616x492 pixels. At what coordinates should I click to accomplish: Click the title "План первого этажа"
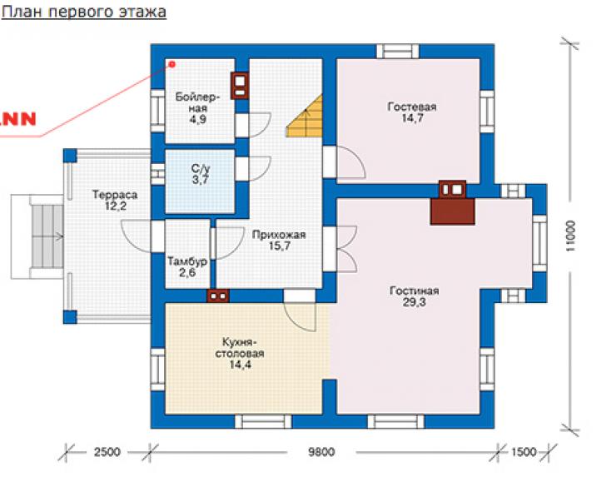pyautogui.click(x=84, y=11)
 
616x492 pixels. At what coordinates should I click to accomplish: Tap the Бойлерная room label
pyautogui.click(x=197, y=102)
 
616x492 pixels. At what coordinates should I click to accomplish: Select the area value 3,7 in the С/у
pyautogui.click(x=200, y=180)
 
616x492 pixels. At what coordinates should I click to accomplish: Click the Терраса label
pyautogui.click(x=115, y=195)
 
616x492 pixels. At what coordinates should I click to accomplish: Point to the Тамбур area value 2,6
pyautogui.click(x=187, y=272)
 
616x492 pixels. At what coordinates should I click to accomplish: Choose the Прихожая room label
pyautogui.click(x=279, y=235)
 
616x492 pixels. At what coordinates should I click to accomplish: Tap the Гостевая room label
pyautogui.click(x=412, y=107)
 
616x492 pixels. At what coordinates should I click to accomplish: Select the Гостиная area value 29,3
pyautogui.click(x=414, y=302)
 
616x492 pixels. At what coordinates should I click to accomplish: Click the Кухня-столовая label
pyautogui.click(x=239, y=347)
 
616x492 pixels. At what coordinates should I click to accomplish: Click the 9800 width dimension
pyautogui.click(x=321, y=452)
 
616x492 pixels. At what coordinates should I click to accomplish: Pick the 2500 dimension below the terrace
pyautogui.click(x=107, y=452)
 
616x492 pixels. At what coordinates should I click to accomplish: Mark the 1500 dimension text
pyautogui.click(x=524, y=452)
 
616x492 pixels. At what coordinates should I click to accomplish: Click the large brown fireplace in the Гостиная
pyautogui.click(x=453, y=211)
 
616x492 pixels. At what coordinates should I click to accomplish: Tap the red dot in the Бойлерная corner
pyautogui.click(x=172, y=64)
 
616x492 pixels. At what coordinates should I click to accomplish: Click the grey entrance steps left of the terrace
pyautogui.click(x=47, y=236)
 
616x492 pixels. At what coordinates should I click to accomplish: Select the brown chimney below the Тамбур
pyautogui.click(x=217, y=296)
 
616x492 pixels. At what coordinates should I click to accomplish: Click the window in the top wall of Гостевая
pyautogui.click(x=398, y=52)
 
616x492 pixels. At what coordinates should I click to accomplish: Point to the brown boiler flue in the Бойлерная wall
pyautogui.click(x=240, y=86)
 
